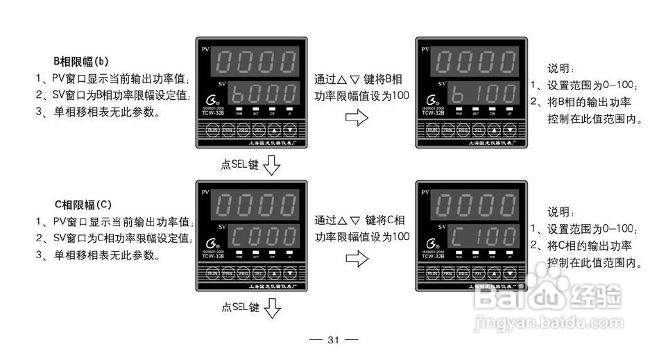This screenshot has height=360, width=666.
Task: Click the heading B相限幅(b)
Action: [81, 60]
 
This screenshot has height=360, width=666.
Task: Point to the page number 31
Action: [333, 340]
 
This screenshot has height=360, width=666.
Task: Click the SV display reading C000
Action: [259, 237]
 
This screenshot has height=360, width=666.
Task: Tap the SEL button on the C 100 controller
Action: [479, 274]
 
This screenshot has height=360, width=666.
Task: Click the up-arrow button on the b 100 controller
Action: [494, 130]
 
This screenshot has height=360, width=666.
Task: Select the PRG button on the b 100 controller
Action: [463, 130]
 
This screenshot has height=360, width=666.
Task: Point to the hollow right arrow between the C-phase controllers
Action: [356, 259]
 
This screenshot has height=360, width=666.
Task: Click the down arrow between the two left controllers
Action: [272, 165]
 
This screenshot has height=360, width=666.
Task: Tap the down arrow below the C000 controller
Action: [272, 308]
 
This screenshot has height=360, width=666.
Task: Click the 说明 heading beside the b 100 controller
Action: [560, 69]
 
